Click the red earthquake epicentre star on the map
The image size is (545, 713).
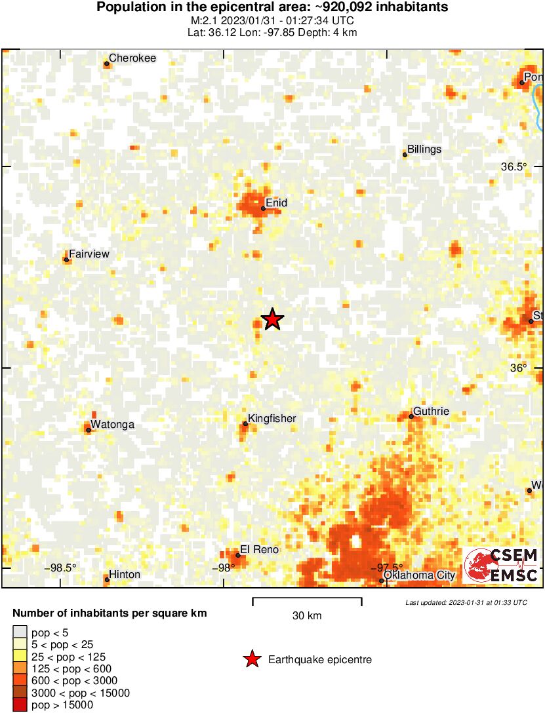(272, 320)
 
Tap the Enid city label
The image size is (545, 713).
(276, 203)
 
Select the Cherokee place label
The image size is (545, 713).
(132, 58)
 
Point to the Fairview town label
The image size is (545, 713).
(89, 254)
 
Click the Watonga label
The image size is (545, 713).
(112, 425)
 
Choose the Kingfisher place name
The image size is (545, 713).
(272, 419)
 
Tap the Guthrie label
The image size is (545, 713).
(432, 412)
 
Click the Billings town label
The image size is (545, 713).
(424, 149)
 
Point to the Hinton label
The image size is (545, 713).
(125, 575)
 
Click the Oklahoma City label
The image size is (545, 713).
(419, 575)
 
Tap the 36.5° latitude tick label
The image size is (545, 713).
(514, 166)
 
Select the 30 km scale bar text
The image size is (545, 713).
(307, 616)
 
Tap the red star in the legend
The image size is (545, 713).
(252, 659)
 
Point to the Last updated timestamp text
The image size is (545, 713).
(466, 602)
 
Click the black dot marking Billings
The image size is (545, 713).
(405, 155)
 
